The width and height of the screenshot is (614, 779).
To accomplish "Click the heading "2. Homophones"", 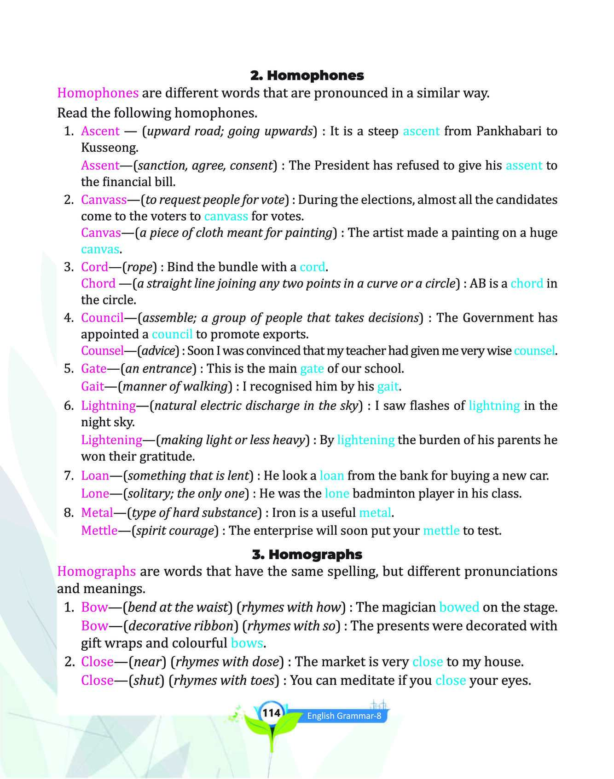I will click(x=307, y=75).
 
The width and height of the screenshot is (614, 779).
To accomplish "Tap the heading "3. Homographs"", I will click(x=307, y=554).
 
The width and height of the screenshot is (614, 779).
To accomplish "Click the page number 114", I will click(x=271, y=713).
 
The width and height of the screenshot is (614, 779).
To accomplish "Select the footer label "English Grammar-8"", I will click(x=344, y=716).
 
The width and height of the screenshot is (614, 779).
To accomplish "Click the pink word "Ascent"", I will click(x=100, y=131).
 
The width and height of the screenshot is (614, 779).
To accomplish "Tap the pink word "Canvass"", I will click(x=104, y=200).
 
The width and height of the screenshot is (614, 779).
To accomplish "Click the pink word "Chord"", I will click(x=98, y=283).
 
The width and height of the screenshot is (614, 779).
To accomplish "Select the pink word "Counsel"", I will click(x=103, y=351).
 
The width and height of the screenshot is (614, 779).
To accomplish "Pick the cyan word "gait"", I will click(x=388, y=386).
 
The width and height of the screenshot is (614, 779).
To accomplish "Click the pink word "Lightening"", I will click(x=112, y=440).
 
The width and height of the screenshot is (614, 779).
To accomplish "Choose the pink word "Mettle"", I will click(x=99, y=530).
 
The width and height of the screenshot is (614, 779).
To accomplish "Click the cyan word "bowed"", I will click(x=459, y=607).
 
